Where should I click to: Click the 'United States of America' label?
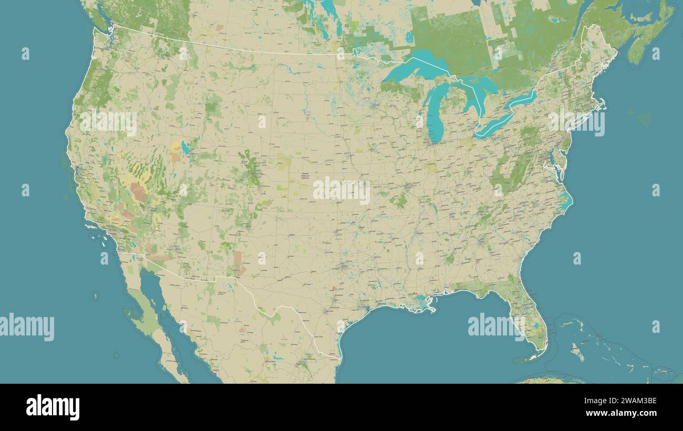click(305, 176)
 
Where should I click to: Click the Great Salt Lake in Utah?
click(185, 148)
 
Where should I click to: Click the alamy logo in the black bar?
click(53, 407)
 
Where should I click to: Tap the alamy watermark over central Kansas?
click(341, 191)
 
